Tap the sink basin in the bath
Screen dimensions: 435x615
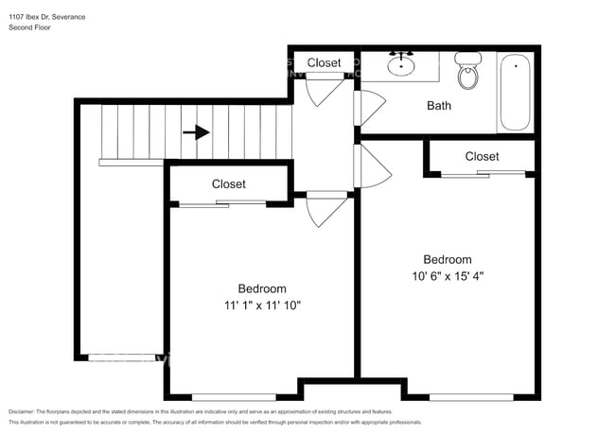[404, 65]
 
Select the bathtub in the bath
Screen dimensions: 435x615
[516, 94]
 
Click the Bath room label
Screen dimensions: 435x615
[439, 106]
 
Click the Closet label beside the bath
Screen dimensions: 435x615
[324, 63]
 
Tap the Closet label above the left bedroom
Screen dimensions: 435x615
[228, 184]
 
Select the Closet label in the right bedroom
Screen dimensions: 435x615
[482, 156]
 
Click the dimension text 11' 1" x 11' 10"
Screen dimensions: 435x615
[261, 305]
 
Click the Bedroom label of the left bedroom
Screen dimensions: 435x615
[261, 288]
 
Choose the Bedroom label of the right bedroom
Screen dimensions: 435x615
[447, 260]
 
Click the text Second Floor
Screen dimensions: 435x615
[29, 28]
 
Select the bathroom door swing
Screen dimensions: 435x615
[363, 107]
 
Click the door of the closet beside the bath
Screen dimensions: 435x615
[320, 89]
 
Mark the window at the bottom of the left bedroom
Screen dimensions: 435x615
[234, 396]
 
